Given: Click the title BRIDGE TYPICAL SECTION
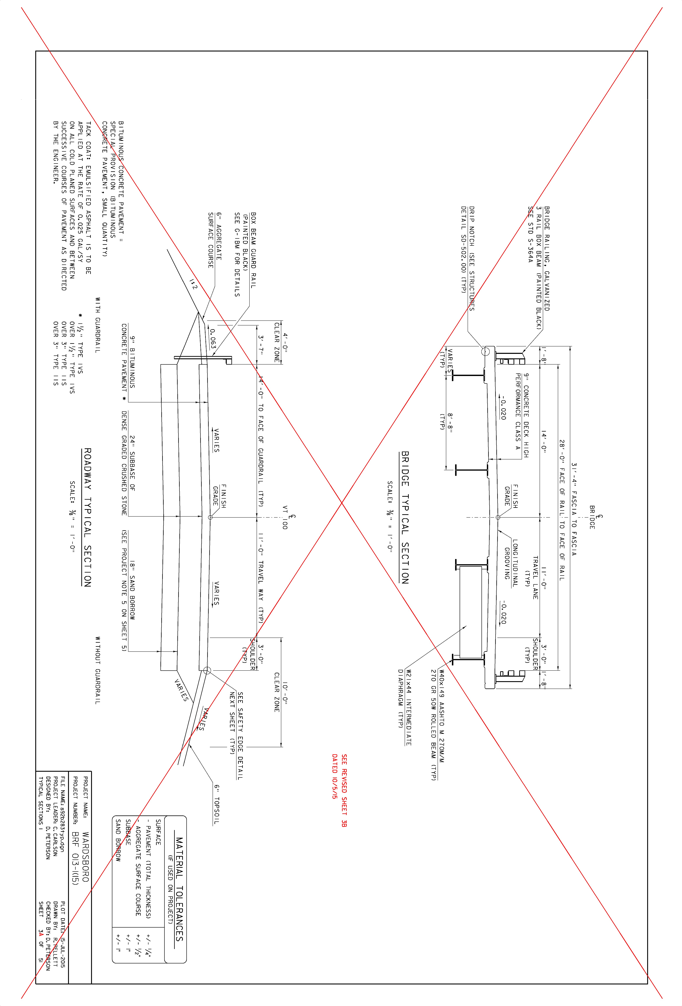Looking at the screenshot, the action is point(405,518).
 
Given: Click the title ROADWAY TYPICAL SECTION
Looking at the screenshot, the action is point(87,518).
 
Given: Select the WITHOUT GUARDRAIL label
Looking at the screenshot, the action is point(98,670).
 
